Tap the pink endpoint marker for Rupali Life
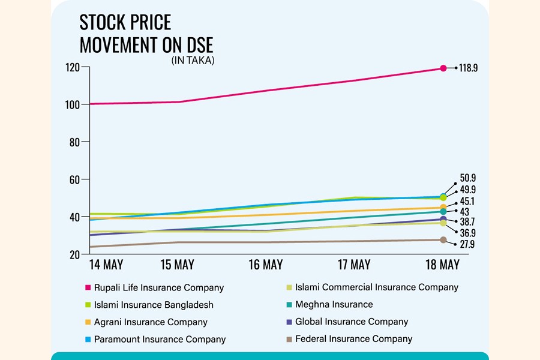pos(443,68)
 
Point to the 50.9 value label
pos(467,178)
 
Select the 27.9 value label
pos(467,244)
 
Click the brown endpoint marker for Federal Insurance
pos(443,240)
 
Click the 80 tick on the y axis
pos(74,142)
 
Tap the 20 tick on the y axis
pos(74,254)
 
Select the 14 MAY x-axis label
pos(106,265)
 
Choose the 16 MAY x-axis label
pos(265,265)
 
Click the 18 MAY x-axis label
pos(443,265)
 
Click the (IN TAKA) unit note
pos(193,60)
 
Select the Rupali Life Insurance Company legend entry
pos(158,288)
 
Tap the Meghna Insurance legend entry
pos(334,304)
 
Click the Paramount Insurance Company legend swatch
pos(88,340)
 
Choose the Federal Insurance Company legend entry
pos(353,339)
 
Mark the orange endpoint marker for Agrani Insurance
pos(443,208)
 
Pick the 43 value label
pos(464,211)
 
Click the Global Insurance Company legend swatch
pos(289,322)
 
